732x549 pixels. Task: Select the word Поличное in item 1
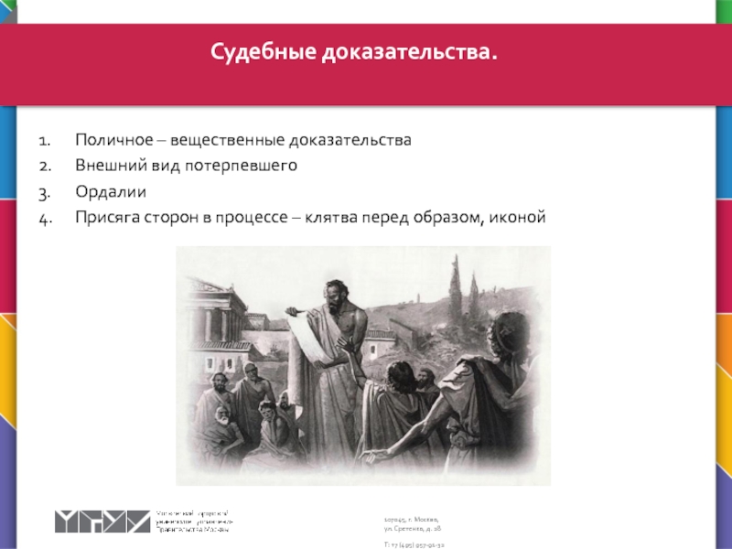108,141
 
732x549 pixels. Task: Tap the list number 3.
43,191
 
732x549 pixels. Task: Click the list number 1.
43,141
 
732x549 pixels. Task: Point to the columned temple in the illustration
210,311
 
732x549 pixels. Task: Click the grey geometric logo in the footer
101,521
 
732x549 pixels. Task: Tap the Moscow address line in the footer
411,519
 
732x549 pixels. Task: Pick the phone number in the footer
414,544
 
